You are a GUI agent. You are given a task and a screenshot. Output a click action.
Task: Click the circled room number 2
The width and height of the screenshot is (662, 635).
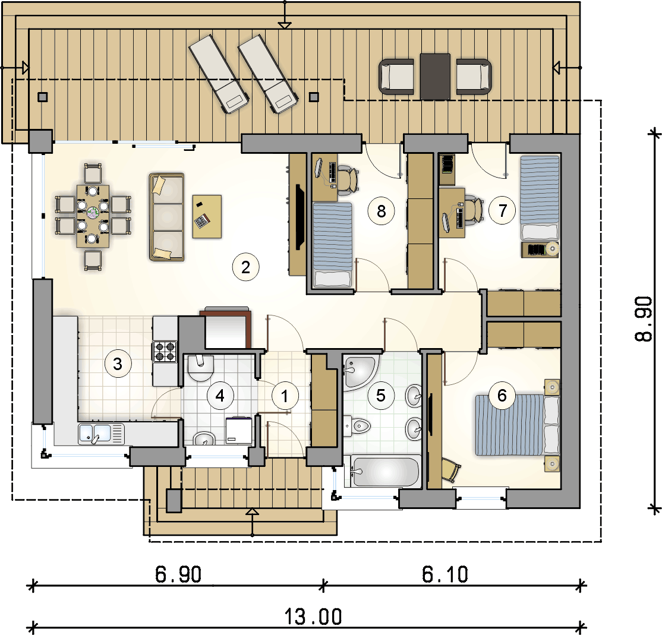coord(245,267)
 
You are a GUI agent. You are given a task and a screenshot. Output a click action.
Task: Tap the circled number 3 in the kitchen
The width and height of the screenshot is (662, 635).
coord(118,364)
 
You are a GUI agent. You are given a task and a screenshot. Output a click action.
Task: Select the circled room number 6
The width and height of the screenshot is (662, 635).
coord(502,396)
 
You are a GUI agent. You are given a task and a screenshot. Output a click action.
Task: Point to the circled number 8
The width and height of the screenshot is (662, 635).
coord(381,211)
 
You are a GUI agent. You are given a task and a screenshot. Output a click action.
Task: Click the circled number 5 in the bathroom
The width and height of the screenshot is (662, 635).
coord(381,396)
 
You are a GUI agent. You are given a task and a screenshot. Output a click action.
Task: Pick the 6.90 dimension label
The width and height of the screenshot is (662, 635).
coord(178,574)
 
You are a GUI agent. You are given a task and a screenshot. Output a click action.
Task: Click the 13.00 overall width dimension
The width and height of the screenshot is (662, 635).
coord(313,617)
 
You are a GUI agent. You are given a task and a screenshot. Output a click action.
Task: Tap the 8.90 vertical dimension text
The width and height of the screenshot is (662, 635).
coord(644,318)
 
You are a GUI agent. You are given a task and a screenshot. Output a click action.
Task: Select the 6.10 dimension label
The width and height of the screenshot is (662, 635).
coord(445,574)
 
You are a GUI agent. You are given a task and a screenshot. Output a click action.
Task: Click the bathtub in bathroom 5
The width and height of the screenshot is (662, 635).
coord(386,471)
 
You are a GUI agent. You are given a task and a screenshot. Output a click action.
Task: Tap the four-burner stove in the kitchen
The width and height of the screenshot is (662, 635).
coord(165,352)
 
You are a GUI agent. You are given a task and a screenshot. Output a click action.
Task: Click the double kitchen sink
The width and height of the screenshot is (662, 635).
coord(102,434)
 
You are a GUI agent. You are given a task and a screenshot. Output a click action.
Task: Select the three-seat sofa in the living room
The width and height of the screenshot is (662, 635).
coord(167,217)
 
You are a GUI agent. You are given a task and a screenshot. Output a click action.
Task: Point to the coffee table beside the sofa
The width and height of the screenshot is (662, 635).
coord(207,216)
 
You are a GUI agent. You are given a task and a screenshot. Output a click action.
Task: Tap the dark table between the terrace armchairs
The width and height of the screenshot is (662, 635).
coord(435,77)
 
